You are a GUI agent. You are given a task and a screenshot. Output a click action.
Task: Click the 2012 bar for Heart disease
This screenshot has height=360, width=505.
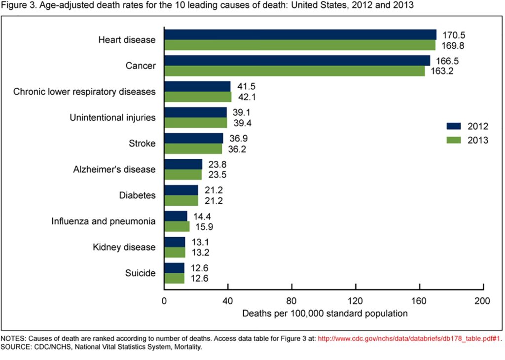tap(300, 35)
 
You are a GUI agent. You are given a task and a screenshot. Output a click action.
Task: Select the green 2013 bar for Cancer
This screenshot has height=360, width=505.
tap(294, 71)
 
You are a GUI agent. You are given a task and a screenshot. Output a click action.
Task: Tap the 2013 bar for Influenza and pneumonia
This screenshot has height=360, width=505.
tap(177, 226)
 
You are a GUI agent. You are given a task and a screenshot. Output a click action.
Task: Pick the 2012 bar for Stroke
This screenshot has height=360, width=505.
tap(193, 138)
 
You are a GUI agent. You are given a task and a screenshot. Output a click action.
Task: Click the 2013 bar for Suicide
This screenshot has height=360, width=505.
tap(174, 278)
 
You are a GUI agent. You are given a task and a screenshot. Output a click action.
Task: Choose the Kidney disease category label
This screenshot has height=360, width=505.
tap(124, 247)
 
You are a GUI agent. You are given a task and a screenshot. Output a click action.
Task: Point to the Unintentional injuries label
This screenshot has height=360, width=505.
tap(112, 117)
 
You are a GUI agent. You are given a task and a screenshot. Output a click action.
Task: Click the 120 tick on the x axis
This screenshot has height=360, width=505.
tap(356, 301)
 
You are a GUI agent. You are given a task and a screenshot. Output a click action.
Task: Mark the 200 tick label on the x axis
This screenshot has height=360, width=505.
tap(482, 301)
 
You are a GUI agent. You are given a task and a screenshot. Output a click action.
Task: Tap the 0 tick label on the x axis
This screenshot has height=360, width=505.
tap(164, 301)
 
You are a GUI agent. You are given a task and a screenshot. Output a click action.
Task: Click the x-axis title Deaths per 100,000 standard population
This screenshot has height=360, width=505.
tap(325, 313)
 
